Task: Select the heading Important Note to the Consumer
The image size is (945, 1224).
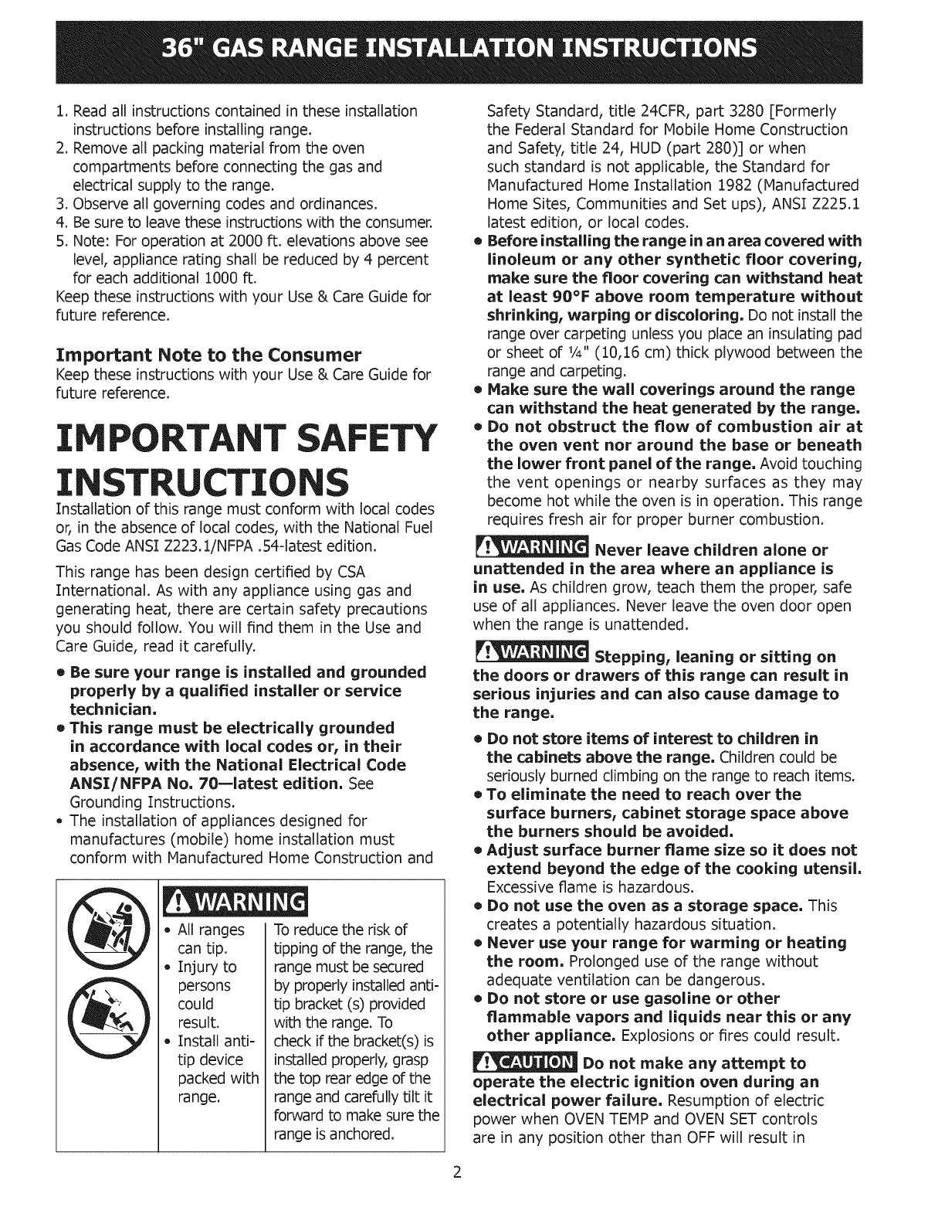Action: tap(208, 355)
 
